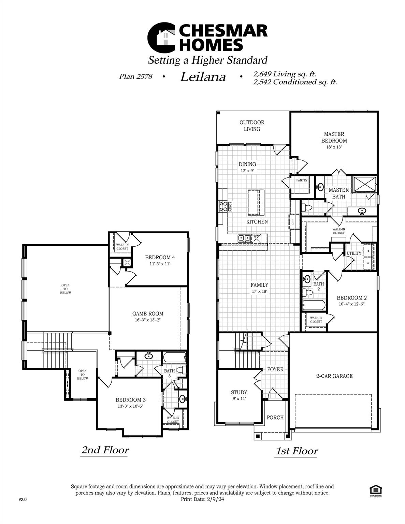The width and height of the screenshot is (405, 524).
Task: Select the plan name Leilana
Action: coord(203,77)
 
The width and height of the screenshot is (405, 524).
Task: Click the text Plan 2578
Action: coord(135,76)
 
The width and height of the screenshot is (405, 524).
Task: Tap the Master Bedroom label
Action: coord(334,137)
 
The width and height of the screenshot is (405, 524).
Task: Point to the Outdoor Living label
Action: coord(252,126)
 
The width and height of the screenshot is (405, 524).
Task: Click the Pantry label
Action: coord(302,180)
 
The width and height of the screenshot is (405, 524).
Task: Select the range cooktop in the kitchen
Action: coord(223,206)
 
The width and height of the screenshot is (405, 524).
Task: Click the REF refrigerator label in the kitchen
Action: coord(293,221)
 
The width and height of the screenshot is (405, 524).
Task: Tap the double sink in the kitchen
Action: coord(244,238)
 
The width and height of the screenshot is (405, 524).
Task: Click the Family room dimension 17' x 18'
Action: coord(259,291)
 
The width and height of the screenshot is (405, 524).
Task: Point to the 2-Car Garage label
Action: coord(334,376)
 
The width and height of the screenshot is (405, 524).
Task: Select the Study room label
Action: coord(239,392)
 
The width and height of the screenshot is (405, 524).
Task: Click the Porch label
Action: coord(275,417)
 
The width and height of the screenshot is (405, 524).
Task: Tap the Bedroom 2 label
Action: coord(351,297)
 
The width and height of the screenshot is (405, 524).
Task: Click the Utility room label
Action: coord(354,253)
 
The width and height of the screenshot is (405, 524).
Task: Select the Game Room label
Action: coord(148,314)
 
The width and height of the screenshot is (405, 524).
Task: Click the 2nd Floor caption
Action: coord(105,450)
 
